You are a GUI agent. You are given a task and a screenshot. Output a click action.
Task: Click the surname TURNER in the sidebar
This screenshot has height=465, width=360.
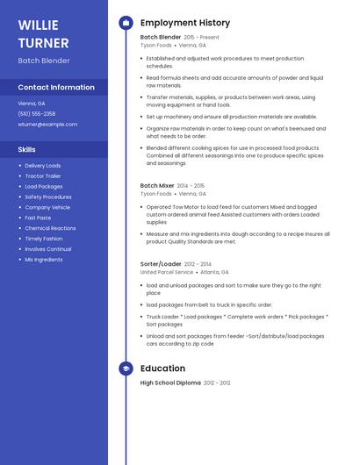point(43,43)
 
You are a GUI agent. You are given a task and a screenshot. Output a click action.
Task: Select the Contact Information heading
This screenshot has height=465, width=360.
point(56,88)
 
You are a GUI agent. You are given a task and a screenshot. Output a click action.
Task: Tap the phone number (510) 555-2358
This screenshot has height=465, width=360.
point(37,114)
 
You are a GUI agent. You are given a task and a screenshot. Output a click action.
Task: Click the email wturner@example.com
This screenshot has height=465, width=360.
point(47,125)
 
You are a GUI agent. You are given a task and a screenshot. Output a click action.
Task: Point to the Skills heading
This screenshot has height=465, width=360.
point(27,150)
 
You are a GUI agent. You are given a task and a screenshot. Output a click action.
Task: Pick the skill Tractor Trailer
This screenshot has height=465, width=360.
point(42,176)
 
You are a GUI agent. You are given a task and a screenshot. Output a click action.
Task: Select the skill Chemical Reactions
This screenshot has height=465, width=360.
point(50,228)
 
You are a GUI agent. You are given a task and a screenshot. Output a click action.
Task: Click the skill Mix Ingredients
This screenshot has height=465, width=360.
point(43,260)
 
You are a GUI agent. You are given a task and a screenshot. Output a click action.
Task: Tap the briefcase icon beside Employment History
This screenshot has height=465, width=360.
point(126,23)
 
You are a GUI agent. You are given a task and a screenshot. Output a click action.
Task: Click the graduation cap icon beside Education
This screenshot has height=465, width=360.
point(126,368)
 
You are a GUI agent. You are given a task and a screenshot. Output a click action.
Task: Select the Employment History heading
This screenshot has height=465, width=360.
point(185,23)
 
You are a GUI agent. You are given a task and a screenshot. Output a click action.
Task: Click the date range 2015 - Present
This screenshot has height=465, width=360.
point(201,38)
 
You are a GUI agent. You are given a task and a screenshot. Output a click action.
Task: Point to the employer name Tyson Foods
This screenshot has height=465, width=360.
point(156,46)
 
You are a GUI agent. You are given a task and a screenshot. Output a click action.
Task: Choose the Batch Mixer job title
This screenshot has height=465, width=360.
point(157,186)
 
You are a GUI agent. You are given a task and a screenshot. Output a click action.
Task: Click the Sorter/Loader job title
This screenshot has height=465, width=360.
point(162,264)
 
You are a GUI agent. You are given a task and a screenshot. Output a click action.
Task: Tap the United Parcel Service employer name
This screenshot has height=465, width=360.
point(167,272)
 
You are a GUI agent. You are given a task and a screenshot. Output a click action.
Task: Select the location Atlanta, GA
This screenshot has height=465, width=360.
point(215,272)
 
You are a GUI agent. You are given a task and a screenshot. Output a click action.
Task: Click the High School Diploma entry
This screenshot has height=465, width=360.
point(170,383)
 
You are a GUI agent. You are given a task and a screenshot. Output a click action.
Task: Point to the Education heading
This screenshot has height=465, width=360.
point(162,368)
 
